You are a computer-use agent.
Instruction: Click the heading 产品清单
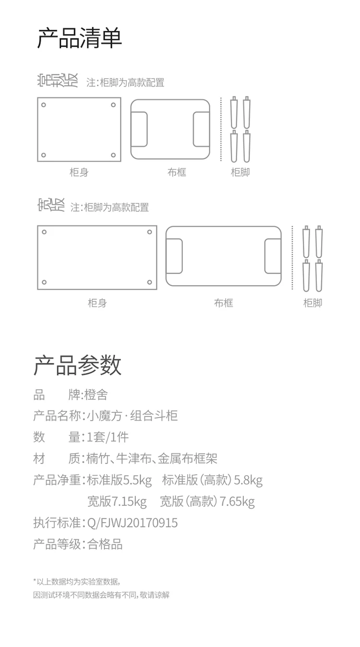click(80, 38)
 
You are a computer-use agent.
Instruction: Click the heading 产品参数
click(77, 365)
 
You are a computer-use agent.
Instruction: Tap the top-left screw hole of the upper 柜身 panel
click(44, 104)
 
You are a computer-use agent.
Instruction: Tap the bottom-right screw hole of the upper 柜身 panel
click(114, 155)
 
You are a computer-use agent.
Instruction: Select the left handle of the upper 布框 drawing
click(140, 130)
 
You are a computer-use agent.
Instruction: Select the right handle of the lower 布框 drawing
click(272, 256)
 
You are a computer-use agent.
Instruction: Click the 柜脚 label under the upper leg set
click(240, 172)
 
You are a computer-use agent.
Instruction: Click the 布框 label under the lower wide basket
click(223, 303)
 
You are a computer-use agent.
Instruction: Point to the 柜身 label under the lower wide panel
click(97, 303)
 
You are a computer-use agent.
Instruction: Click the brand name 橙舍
click(96, 395)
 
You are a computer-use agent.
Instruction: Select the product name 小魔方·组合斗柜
click(132, 416)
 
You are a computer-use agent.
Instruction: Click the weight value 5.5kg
click(138, 479)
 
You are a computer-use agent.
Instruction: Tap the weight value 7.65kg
click(237, 502)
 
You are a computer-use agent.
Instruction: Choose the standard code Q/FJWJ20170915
click(132, 523)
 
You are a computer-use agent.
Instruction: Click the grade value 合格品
click(105, 544)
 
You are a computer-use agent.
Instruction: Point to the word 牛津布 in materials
click(132, 458)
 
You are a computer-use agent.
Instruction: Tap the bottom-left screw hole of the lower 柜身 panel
click(44, 282)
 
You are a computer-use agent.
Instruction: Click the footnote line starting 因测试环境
click(101, 595)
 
